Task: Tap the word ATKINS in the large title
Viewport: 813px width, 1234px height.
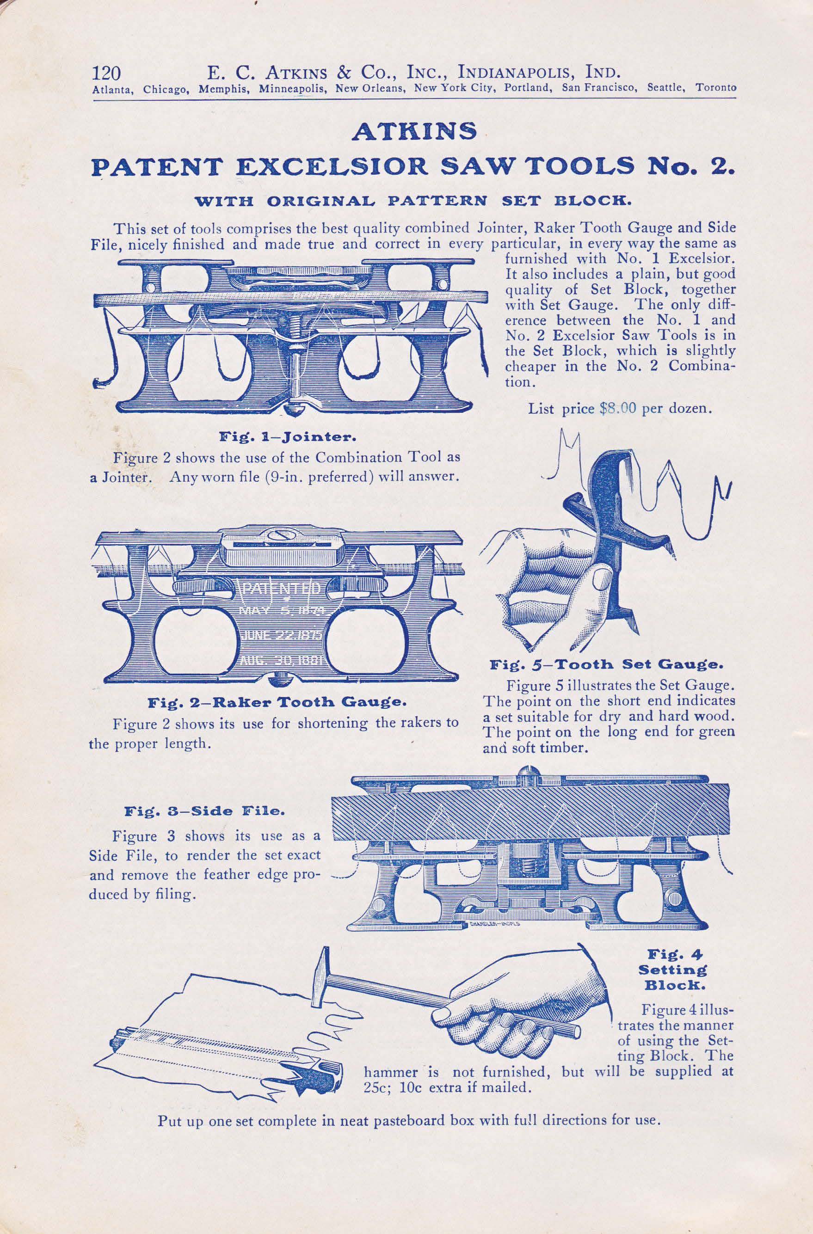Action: coord(414,132)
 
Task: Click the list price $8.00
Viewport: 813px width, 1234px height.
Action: coord(617,408)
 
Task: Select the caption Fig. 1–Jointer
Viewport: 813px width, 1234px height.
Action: coord(287,436)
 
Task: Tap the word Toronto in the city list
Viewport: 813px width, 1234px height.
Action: coord(715,88)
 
